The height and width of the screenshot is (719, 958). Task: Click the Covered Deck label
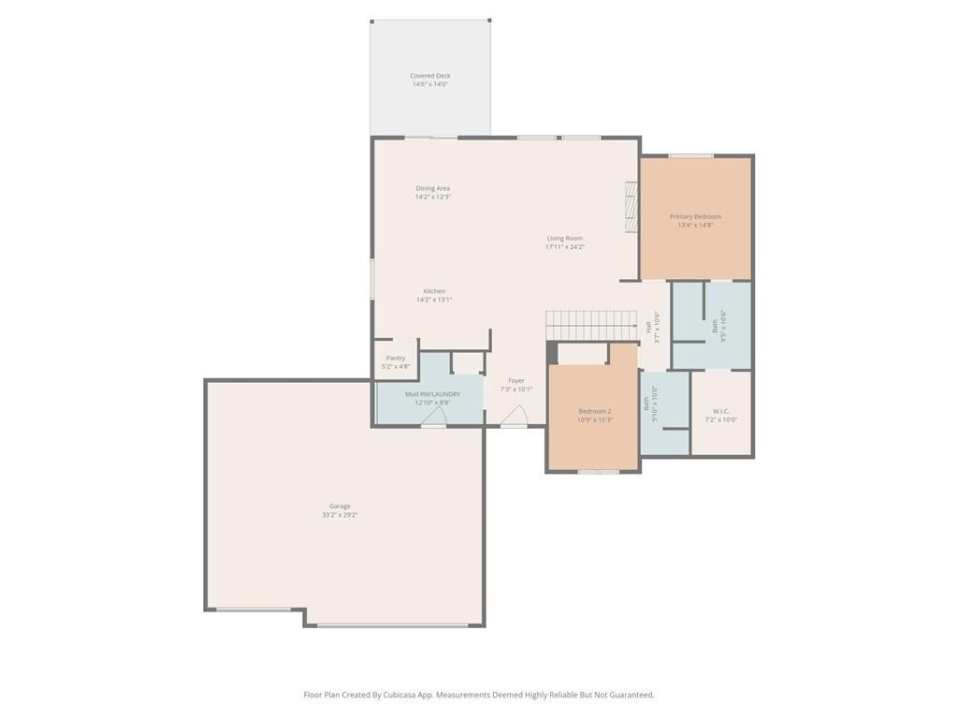pyautogui.click(x=429, y=76)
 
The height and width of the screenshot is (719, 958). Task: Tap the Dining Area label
pyautogui.click(x=432, y=188)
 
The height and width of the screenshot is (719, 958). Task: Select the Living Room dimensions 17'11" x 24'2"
pyautogui.click(x=565, y=247)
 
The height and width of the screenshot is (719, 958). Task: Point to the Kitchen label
pyautogui.click(x=433, y=291)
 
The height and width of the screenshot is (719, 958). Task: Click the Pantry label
pyautogui.click(x=396, y=358)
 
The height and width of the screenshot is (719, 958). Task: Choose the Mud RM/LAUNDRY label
pyautogui.click(x=432, y=394)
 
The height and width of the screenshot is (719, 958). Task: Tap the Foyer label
pyautogui.click(x=515, y=380)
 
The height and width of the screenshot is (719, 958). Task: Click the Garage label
pyautogui.click(x=340, y=506)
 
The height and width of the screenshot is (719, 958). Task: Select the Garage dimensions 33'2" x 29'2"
pyautogui.click(x=340, y=515)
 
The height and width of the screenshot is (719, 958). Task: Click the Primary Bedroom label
pyautogui.click(x=695, y=216)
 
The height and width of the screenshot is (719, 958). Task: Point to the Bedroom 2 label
pyautogui.click(x=594, y=411)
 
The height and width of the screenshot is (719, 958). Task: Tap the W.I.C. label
pyautogui.click(x=720, y=411)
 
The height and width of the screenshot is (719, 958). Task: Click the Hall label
pyautogui.click(x=648, y=327)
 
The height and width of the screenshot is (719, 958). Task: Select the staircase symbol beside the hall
pyautogui.click(x=591, y=326)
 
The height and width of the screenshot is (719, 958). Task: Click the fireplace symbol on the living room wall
pyautogui.click(x=631, y=207)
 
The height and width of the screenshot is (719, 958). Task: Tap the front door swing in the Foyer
pyautogui.click(x=515, y=417)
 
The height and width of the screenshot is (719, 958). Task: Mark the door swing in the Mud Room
pyautogui.click(x=434, y=417)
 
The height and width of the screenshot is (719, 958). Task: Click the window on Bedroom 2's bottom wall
pyautogui.click(x=598, y=472)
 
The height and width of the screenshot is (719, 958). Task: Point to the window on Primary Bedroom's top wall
pyautogui.click(x=690, y=155)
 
